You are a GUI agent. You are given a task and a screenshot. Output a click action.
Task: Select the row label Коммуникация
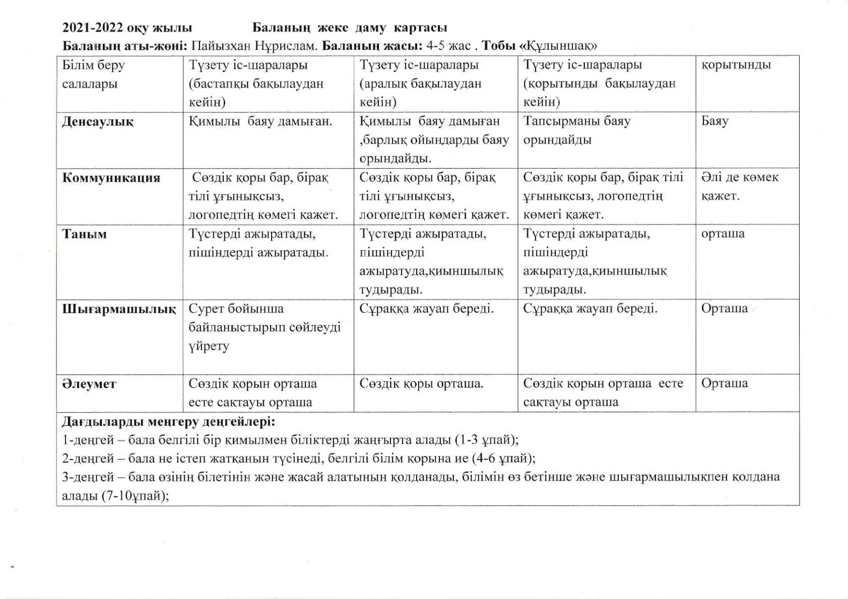(x=111, y=178)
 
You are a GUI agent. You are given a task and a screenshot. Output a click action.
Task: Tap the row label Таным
(x=84, y=234)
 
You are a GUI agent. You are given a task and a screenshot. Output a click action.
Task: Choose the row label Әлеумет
(x=89, y=384)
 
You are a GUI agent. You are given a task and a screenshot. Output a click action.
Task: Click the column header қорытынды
(x=736, y=65)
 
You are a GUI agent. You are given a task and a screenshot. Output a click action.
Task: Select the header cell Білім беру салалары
(x=93, y=74)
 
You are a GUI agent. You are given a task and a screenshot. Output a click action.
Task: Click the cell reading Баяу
(x=714, y=121)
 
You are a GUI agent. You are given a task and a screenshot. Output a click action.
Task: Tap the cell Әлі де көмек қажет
(x=739, y=186)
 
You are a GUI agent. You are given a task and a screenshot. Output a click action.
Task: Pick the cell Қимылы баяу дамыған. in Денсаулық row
(x=260, y=121)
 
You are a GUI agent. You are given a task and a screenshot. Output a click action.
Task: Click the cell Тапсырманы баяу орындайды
(x=577, y=130)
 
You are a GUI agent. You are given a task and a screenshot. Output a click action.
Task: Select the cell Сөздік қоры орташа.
(x=421, y=384)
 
